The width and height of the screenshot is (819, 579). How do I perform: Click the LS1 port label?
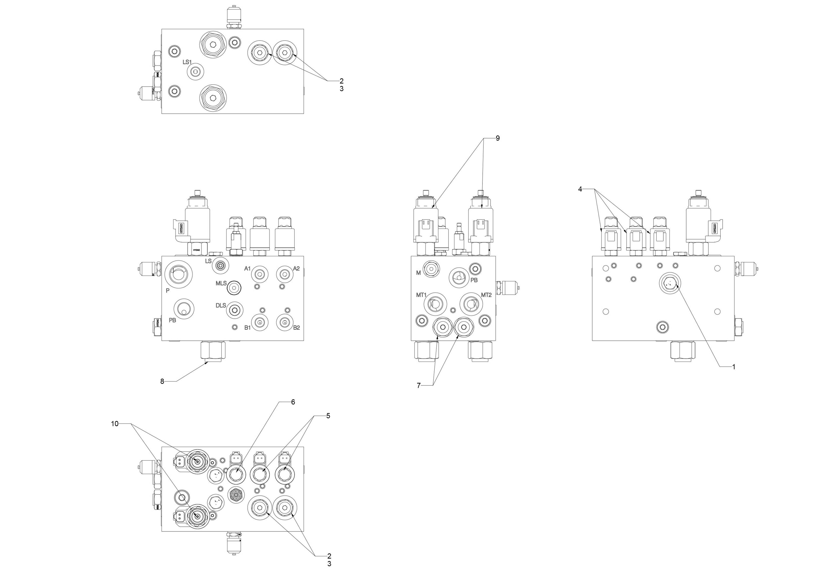(187, 62)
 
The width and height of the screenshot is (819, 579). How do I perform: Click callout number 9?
(498, 138)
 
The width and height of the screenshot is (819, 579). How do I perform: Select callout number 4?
(580, 189)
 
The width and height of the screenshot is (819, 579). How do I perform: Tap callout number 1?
(734, 367)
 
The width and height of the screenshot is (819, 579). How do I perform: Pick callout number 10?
(115, 424)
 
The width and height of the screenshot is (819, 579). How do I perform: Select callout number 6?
(293, 402)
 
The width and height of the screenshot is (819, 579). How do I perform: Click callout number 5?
(328, 416)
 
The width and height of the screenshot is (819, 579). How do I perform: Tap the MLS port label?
(221, 283)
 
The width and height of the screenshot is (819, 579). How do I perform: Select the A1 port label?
(247, 269)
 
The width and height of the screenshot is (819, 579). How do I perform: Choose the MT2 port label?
(486, 295)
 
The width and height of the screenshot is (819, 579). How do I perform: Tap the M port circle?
(431, 269)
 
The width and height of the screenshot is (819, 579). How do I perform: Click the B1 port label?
(247, 328)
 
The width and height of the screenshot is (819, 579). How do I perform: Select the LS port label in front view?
(208, 261)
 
